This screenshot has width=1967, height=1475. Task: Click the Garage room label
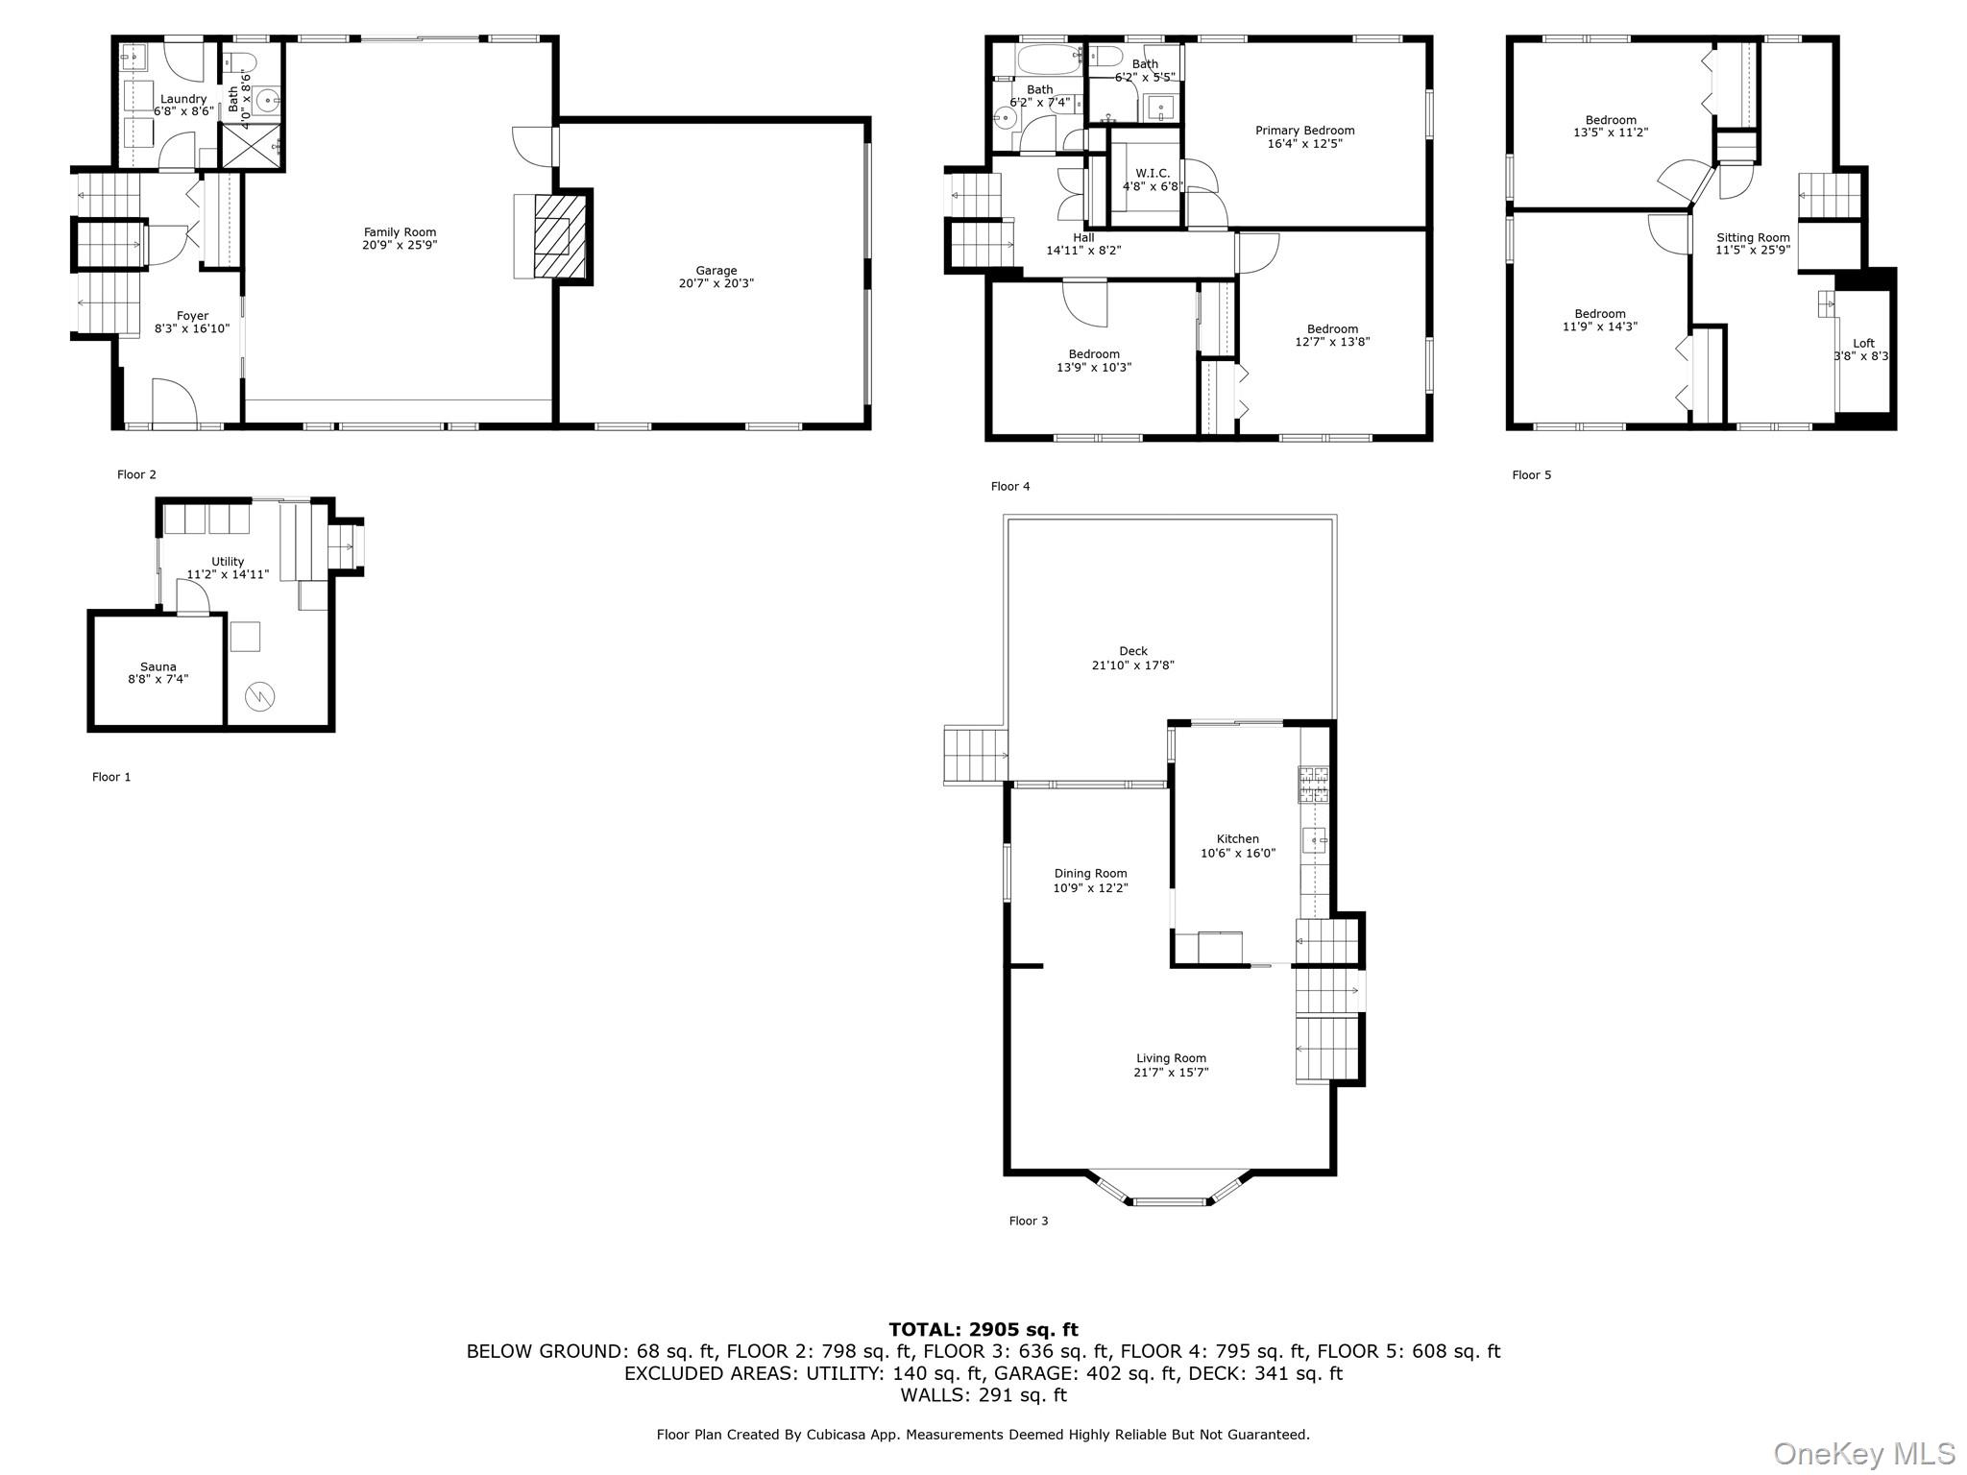pos(716,271)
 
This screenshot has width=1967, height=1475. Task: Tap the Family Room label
pos(400,232)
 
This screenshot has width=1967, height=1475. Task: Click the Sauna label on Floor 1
pos(158,666)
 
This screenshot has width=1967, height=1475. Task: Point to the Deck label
pos(1133,651)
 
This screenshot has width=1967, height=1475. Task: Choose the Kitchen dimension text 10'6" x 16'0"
pos(1238,853)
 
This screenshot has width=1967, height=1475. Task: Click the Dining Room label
pos(1090,874)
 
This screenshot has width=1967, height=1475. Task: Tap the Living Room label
pos(1171,1058)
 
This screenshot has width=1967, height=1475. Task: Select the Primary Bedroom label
pos(1305,131)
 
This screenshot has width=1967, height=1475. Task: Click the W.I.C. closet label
pos(1153,174)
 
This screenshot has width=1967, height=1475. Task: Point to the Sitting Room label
pos(1753,238)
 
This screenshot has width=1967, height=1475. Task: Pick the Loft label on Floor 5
pos(1863,344)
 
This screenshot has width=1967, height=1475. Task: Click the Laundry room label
pos(183,99)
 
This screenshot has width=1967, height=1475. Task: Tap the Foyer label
pos(192,316)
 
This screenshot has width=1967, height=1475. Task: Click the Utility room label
pos(228,562)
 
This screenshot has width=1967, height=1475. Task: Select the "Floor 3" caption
pos(1029,1221)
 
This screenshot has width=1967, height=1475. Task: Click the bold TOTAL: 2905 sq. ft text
pos(983,1330)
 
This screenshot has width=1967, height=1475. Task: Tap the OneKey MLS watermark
pos(1864,1453)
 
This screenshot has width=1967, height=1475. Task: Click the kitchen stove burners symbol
pos(1314,785)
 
